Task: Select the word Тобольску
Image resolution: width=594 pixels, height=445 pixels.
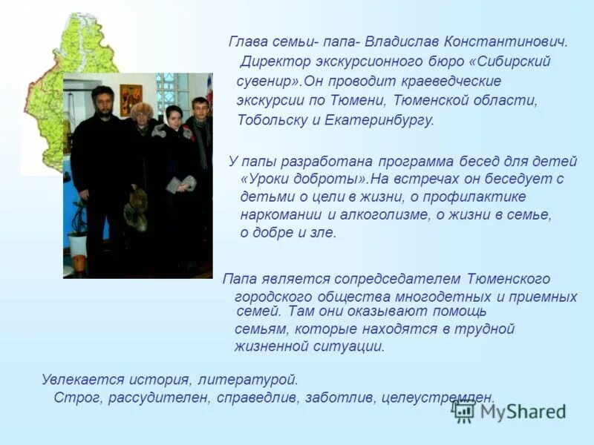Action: pyautogui.click(x=270, y=119)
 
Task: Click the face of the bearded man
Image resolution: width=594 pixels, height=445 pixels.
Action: pyautogui.click(x=103, y=103)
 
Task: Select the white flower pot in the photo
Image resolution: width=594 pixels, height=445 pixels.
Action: pyautogui.click(x=78, y=244)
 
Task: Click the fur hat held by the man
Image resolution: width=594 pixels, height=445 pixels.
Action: pyautogui.click(x=136, y=210)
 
